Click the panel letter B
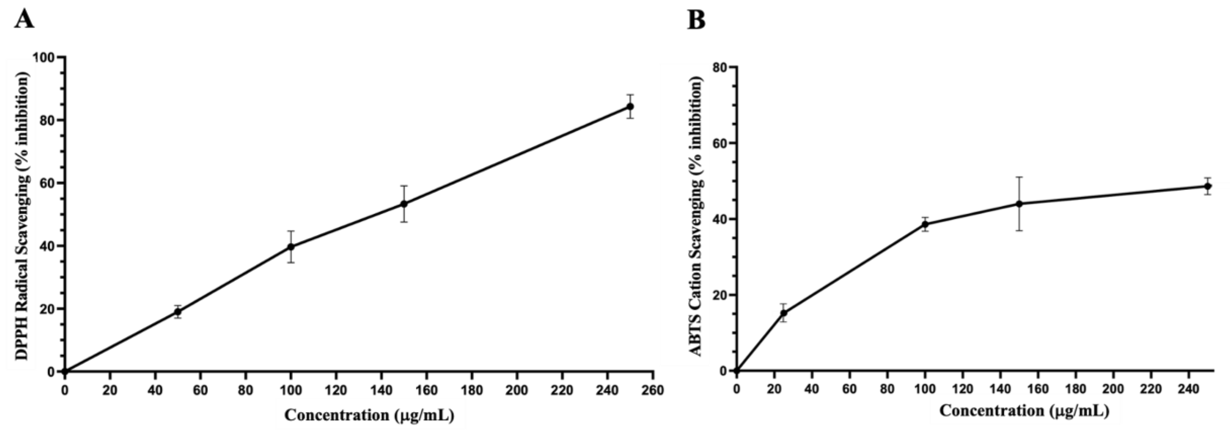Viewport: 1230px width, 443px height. coord(696,20)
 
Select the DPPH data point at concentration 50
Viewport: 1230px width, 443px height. coord(178,312)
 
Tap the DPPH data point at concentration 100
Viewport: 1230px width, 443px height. coord(291,247)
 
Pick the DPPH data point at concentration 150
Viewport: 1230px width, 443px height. coord(404,204)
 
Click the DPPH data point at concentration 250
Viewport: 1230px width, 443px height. coord(630,106)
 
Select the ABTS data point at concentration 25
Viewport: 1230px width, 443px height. coord(783,313)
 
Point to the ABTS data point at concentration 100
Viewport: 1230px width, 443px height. coord(925,224)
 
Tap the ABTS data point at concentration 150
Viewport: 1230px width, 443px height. coord(1019,204)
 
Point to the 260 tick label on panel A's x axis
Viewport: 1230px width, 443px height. coord(653,390)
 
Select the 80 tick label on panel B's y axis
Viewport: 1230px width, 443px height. coord(720,67)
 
